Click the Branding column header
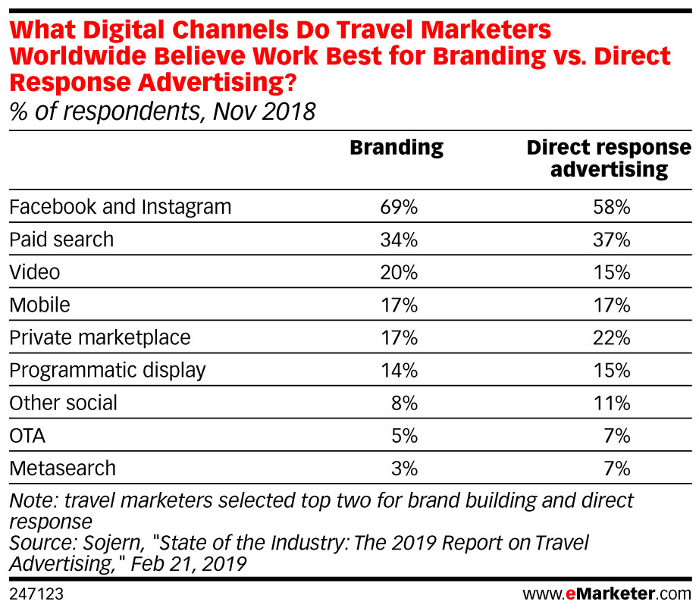[x=396, y=147]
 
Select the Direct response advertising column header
[x=609, y=158]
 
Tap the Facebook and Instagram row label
[x=120, y=206]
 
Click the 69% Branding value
[x=399, y=206]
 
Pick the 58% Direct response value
[x=612, y=206]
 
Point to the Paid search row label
[x=61, y=240]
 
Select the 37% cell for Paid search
[x=612, y=240]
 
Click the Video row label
[x=34, y=272]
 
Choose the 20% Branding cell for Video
[x=399, y=272]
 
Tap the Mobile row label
[x=39, y=305]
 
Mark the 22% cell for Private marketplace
[x=612, y=337]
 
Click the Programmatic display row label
[x=108, y=370]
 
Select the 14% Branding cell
[x=399, y=370]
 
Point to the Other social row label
[x=63, y=403]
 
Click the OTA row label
[x=28, y=435]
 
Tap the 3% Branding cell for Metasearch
[x=403, y=468]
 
